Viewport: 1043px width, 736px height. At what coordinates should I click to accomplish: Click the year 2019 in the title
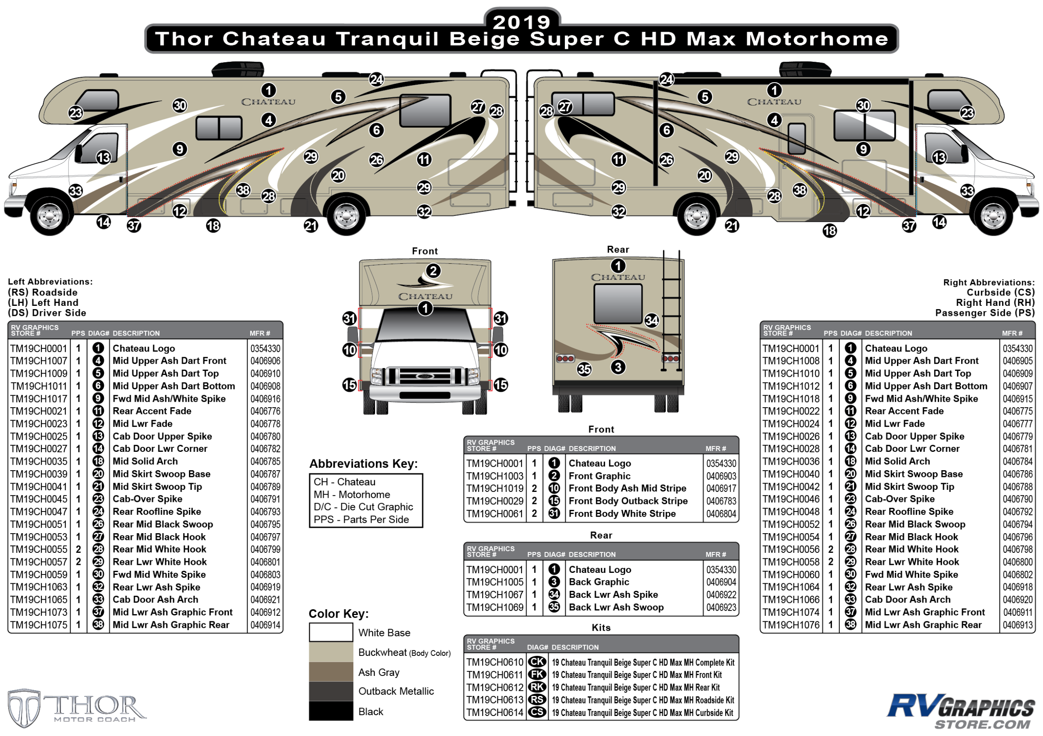[521, 22]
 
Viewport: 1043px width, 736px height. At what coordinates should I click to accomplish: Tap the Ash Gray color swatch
[331, 671]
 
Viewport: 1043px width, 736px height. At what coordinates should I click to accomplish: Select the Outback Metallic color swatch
[331, 691]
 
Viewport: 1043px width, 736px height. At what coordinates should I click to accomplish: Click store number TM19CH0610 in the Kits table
[495, 662]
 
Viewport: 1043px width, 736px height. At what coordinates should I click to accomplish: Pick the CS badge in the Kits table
[537, 712]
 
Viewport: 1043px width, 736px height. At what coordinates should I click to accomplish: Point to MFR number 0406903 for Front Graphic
[721, 476]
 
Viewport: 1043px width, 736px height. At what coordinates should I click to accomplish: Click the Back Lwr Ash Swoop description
[616, 607]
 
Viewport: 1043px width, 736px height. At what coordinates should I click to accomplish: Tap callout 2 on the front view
[433, 271]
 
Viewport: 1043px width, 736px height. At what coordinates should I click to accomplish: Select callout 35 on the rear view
[584, 369]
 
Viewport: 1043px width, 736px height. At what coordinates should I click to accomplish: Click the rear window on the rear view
[618, 303]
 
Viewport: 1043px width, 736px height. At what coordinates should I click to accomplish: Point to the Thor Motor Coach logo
[77, 707]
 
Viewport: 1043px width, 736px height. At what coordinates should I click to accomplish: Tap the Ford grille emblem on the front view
[425, 376]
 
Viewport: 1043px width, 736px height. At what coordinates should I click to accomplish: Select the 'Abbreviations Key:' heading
[363, 464]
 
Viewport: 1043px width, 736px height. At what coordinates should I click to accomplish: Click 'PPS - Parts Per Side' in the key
[361, 519]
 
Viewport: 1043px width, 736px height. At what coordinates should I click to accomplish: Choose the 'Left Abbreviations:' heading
[50, 282]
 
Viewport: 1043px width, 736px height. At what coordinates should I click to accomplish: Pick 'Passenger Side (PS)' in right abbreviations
[985, 313]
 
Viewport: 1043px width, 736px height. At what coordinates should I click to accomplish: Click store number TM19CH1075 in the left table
[39, 625]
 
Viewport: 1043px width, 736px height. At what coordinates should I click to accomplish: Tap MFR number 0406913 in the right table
[1017, 625]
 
